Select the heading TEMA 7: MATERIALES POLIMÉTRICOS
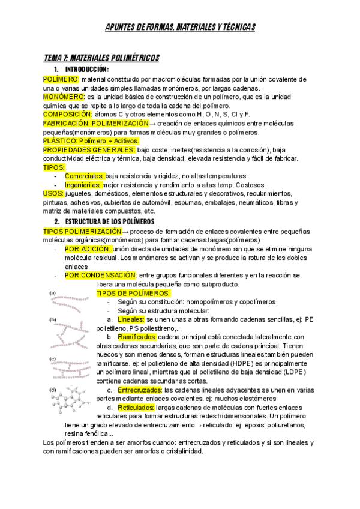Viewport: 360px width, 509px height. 101,58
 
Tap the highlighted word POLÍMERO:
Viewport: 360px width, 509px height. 61,79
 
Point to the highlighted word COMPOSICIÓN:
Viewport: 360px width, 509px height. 68,114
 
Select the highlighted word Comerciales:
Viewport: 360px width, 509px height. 84,176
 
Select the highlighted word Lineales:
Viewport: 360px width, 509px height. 131,319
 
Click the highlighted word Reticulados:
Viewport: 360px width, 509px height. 136,408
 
